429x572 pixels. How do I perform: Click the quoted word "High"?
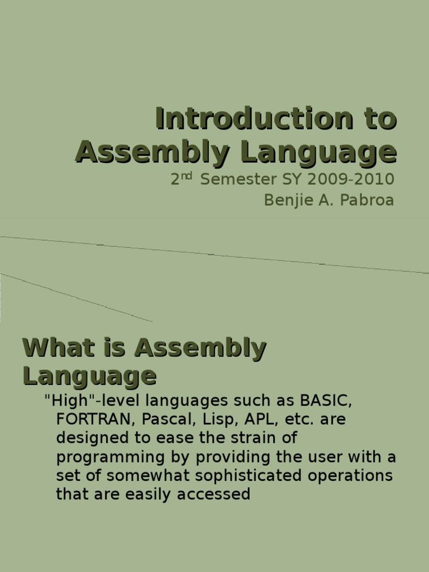(x=64, y=401)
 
